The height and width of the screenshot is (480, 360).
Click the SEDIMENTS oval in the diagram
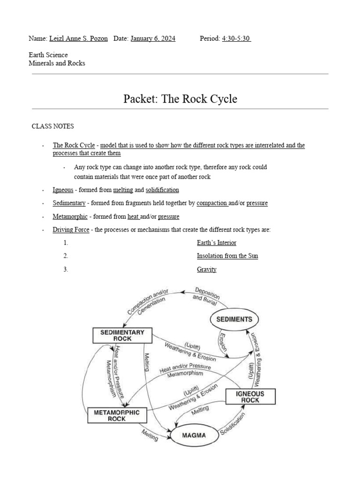(234, 320)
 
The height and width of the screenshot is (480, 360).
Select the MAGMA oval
(195, 435)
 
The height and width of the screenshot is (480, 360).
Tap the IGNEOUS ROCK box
(250, 397)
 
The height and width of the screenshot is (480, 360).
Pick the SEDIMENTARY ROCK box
(122, 335)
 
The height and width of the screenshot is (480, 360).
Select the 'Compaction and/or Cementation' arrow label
(147, 304)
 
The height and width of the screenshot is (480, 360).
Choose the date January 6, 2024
(153, 38)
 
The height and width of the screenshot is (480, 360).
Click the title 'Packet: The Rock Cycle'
(180, 99)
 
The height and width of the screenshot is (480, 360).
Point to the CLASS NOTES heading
(52, 127)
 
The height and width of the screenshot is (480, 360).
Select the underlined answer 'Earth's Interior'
(217, 243)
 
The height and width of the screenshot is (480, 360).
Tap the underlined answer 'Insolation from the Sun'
(227, 256)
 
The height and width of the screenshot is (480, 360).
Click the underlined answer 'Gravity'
(207, 270)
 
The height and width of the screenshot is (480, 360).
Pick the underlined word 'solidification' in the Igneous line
(162, 190)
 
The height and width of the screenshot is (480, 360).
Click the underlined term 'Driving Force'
(71, 230)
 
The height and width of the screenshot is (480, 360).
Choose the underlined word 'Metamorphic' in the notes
(70, 217)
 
